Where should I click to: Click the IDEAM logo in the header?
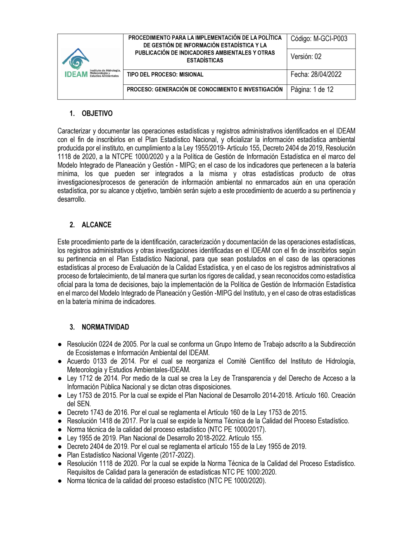(90, 64)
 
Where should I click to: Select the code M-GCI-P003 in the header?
(330, 39)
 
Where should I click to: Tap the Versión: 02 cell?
(306, 57)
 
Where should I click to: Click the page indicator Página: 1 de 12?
(312, 89)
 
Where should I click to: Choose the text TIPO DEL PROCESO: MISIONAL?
(165, 75)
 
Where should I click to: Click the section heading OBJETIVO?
(97, 114)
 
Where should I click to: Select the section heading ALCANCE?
(97, 225)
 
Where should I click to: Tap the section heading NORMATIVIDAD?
(105, 327)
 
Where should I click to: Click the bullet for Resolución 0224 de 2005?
(60, 344)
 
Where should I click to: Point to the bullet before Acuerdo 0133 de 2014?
(60, 361)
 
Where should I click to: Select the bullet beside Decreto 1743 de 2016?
(60, 413)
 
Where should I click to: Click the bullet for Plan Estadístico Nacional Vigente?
(60, 455)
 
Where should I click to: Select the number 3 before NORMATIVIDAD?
(72, 327)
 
